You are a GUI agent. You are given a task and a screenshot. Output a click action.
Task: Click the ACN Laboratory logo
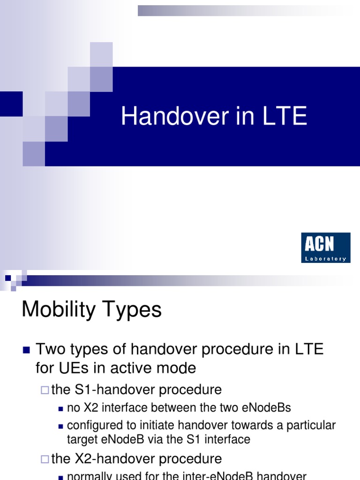click(x=325, y=247)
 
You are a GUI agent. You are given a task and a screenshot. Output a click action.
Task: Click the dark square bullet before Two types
click(x=26, y=350)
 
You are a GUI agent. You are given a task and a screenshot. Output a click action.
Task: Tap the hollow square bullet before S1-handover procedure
click(x=45, y=390)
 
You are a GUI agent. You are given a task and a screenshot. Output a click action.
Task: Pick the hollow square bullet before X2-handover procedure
click(x=45, y=458)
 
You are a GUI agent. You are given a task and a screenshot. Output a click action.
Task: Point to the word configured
click(x=91, y=426)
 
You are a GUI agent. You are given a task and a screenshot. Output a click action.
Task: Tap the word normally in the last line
click(x=90, y=475)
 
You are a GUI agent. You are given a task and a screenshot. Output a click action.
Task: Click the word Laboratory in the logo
click(x=325, y=258)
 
